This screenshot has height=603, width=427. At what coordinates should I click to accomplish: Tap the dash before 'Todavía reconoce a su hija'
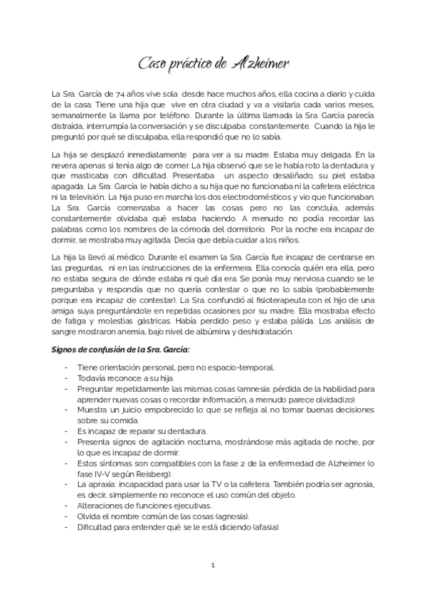(x=67, y=378)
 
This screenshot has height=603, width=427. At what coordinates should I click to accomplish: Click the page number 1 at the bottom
(x=213, y=565)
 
